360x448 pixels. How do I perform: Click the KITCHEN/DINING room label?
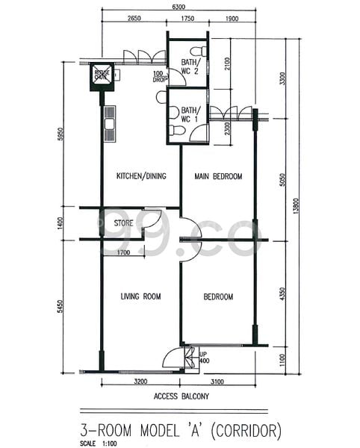(x=140, y=177)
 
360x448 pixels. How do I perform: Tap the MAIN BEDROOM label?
(x=218, y=177)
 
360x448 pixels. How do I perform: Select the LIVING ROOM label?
(x=140, y=296)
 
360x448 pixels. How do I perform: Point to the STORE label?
(x=124, y=223)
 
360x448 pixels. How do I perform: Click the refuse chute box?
(x=102, y=75)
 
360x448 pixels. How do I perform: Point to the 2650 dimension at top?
(x=134, y=18)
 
